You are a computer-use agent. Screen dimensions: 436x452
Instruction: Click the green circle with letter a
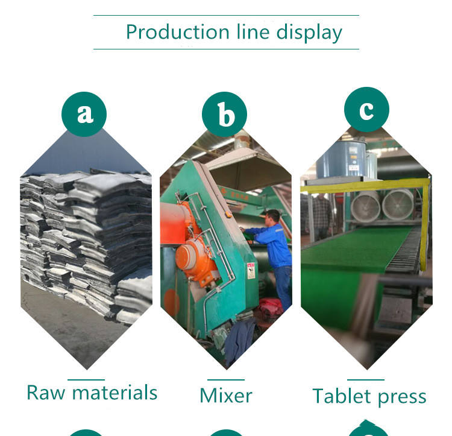(x=84, y=112)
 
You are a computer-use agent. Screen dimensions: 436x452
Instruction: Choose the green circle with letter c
(x=366, y=110)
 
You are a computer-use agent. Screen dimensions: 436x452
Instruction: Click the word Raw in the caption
(x=46, y=393)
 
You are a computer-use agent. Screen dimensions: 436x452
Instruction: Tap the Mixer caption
(x=225, y=395)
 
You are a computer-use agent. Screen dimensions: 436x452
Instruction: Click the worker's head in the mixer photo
(x=272, y=216)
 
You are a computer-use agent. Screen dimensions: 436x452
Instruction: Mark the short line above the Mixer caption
(x=225, y=380)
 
